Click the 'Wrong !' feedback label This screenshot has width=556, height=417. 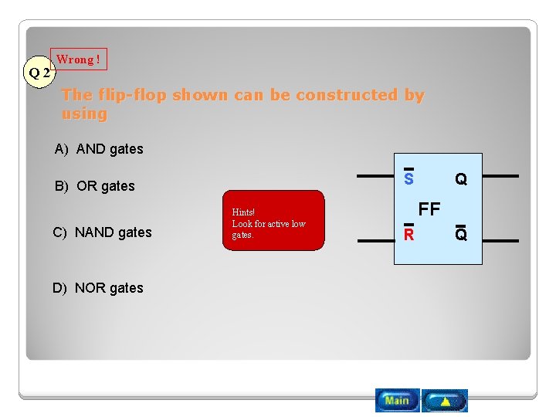[x=78, y=59]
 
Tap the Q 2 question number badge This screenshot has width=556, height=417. [x=39, y=73]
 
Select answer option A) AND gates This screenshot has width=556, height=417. [x=99, y=149]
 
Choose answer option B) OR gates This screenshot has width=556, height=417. [x=94, y=186]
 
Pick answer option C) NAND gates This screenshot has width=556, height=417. [x=102, y=232]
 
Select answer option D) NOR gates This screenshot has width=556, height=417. [x=98, y=288]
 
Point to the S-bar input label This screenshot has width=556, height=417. [x=409, y=178]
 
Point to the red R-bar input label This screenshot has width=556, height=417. [x=409, y=234]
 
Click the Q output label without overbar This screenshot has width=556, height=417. [x=461, y=179]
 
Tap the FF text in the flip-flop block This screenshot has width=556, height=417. [x=429, y=208]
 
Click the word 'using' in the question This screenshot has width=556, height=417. [x=84, y=114]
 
